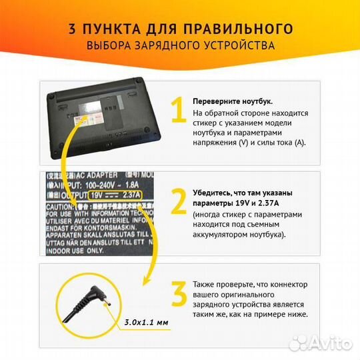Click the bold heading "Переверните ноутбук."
(x=232, y=101)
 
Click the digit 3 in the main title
(x=71, y=29)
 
